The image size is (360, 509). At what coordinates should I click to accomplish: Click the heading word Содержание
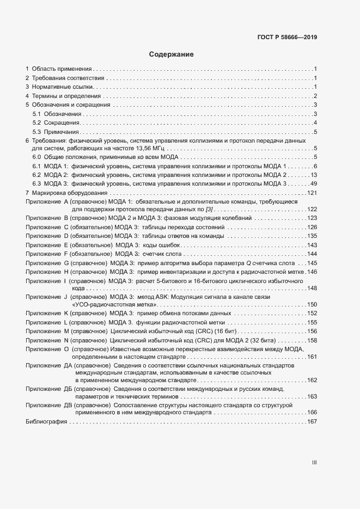tap(172, 54)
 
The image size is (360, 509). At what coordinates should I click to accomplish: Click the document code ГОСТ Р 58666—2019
tap(287, 38)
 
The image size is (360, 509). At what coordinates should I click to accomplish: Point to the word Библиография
tap(46, 422)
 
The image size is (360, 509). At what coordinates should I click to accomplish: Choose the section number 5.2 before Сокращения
tap(37, 123)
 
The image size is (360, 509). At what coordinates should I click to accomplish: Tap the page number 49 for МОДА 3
tap(314, 183)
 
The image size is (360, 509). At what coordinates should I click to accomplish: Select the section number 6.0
tap(37, 157)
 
